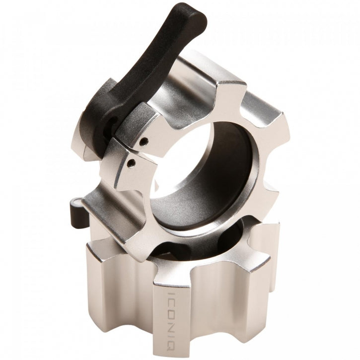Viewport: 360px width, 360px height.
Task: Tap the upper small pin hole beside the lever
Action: [143, 142]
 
